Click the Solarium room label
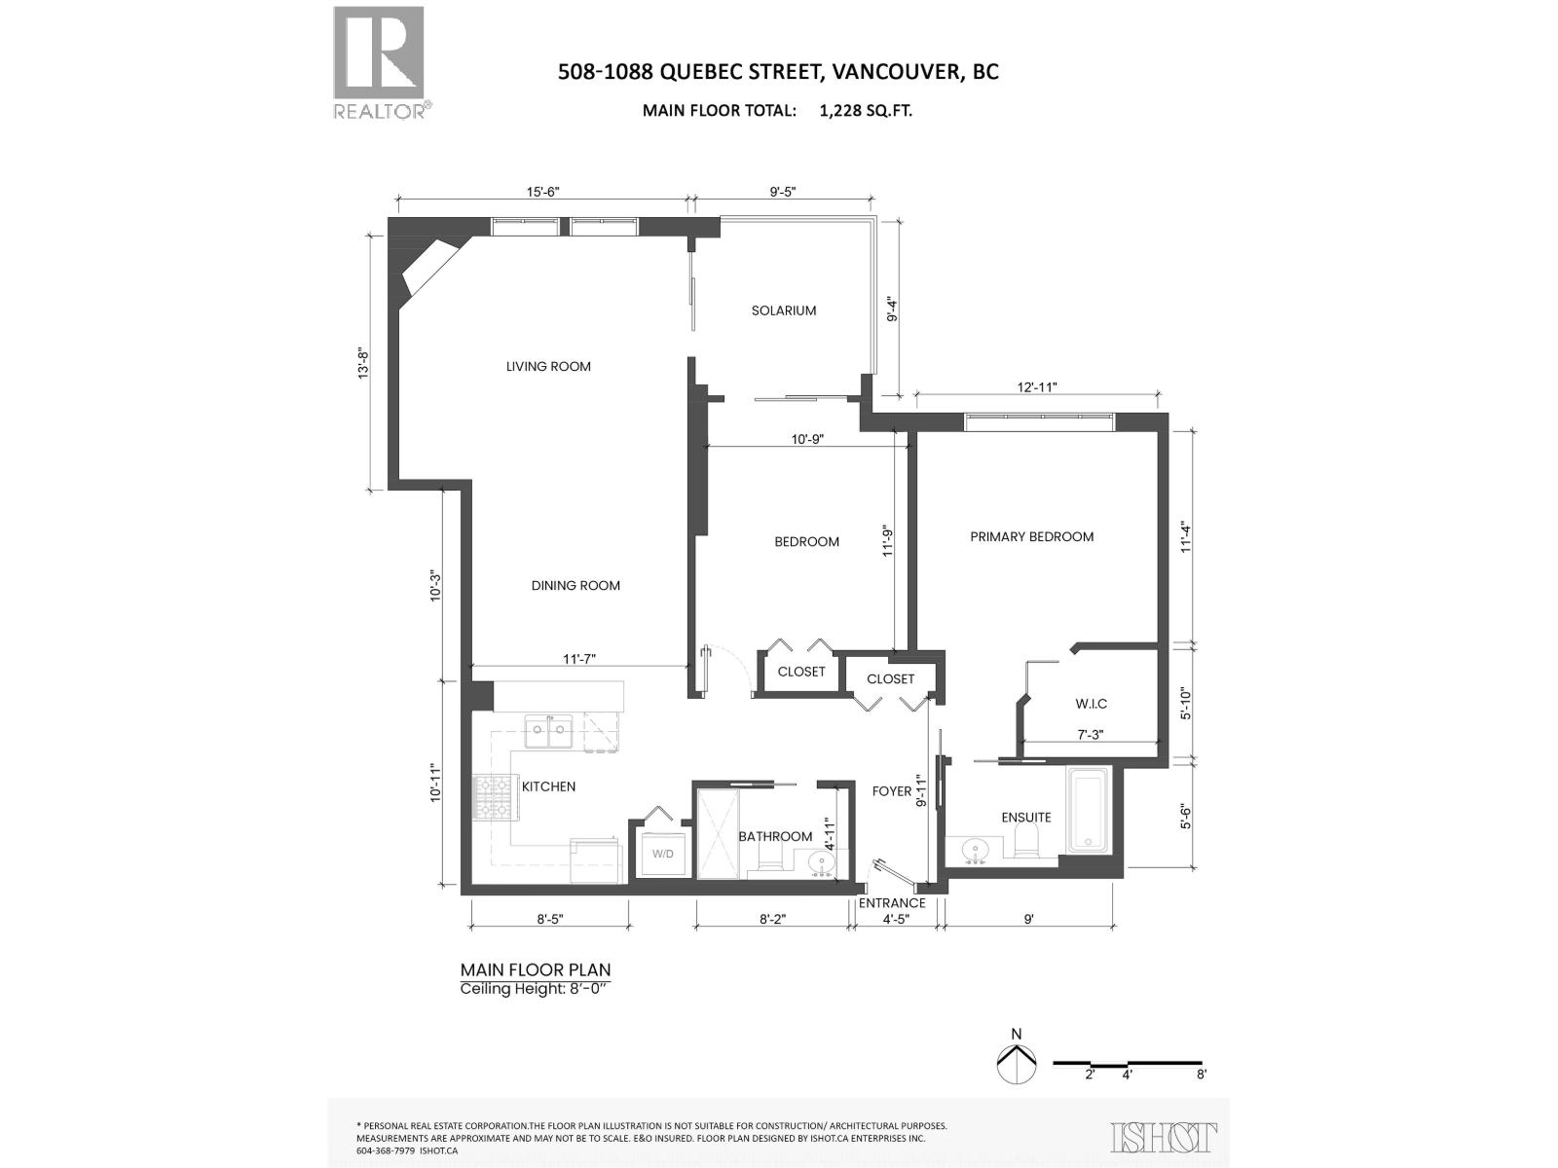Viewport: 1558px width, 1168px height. point(783,310)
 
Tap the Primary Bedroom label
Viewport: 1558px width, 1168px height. point(1031,536)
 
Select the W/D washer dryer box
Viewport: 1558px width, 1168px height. point(662,854)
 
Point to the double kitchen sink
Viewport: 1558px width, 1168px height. point(548,732)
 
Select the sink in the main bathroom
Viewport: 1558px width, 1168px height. point(816,861)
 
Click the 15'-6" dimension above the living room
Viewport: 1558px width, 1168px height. point(543,192)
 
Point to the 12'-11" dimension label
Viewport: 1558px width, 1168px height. point(1037,386)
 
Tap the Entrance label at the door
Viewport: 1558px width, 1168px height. point(891,903)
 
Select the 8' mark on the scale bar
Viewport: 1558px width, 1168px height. point(1202,1075)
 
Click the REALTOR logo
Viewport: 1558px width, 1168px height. point(380,62)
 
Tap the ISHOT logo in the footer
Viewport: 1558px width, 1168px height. point(1163,1136)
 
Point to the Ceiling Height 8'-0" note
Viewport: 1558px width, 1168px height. point(538,989)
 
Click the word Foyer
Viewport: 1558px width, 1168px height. point(891,791)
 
